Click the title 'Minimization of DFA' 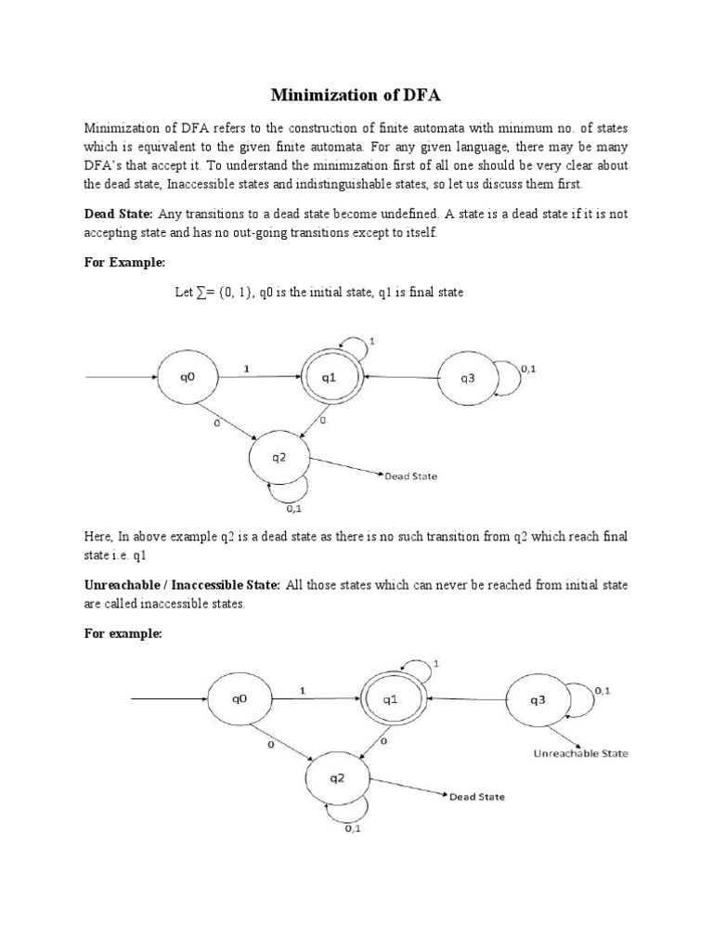356,95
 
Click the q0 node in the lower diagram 240,701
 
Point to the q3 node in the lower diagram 538,701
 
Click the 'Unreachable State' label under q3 580,753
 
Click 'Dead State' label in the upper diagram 410,476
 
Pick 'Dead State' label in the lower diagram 476,797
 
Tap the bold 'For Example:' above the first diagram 123,263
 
